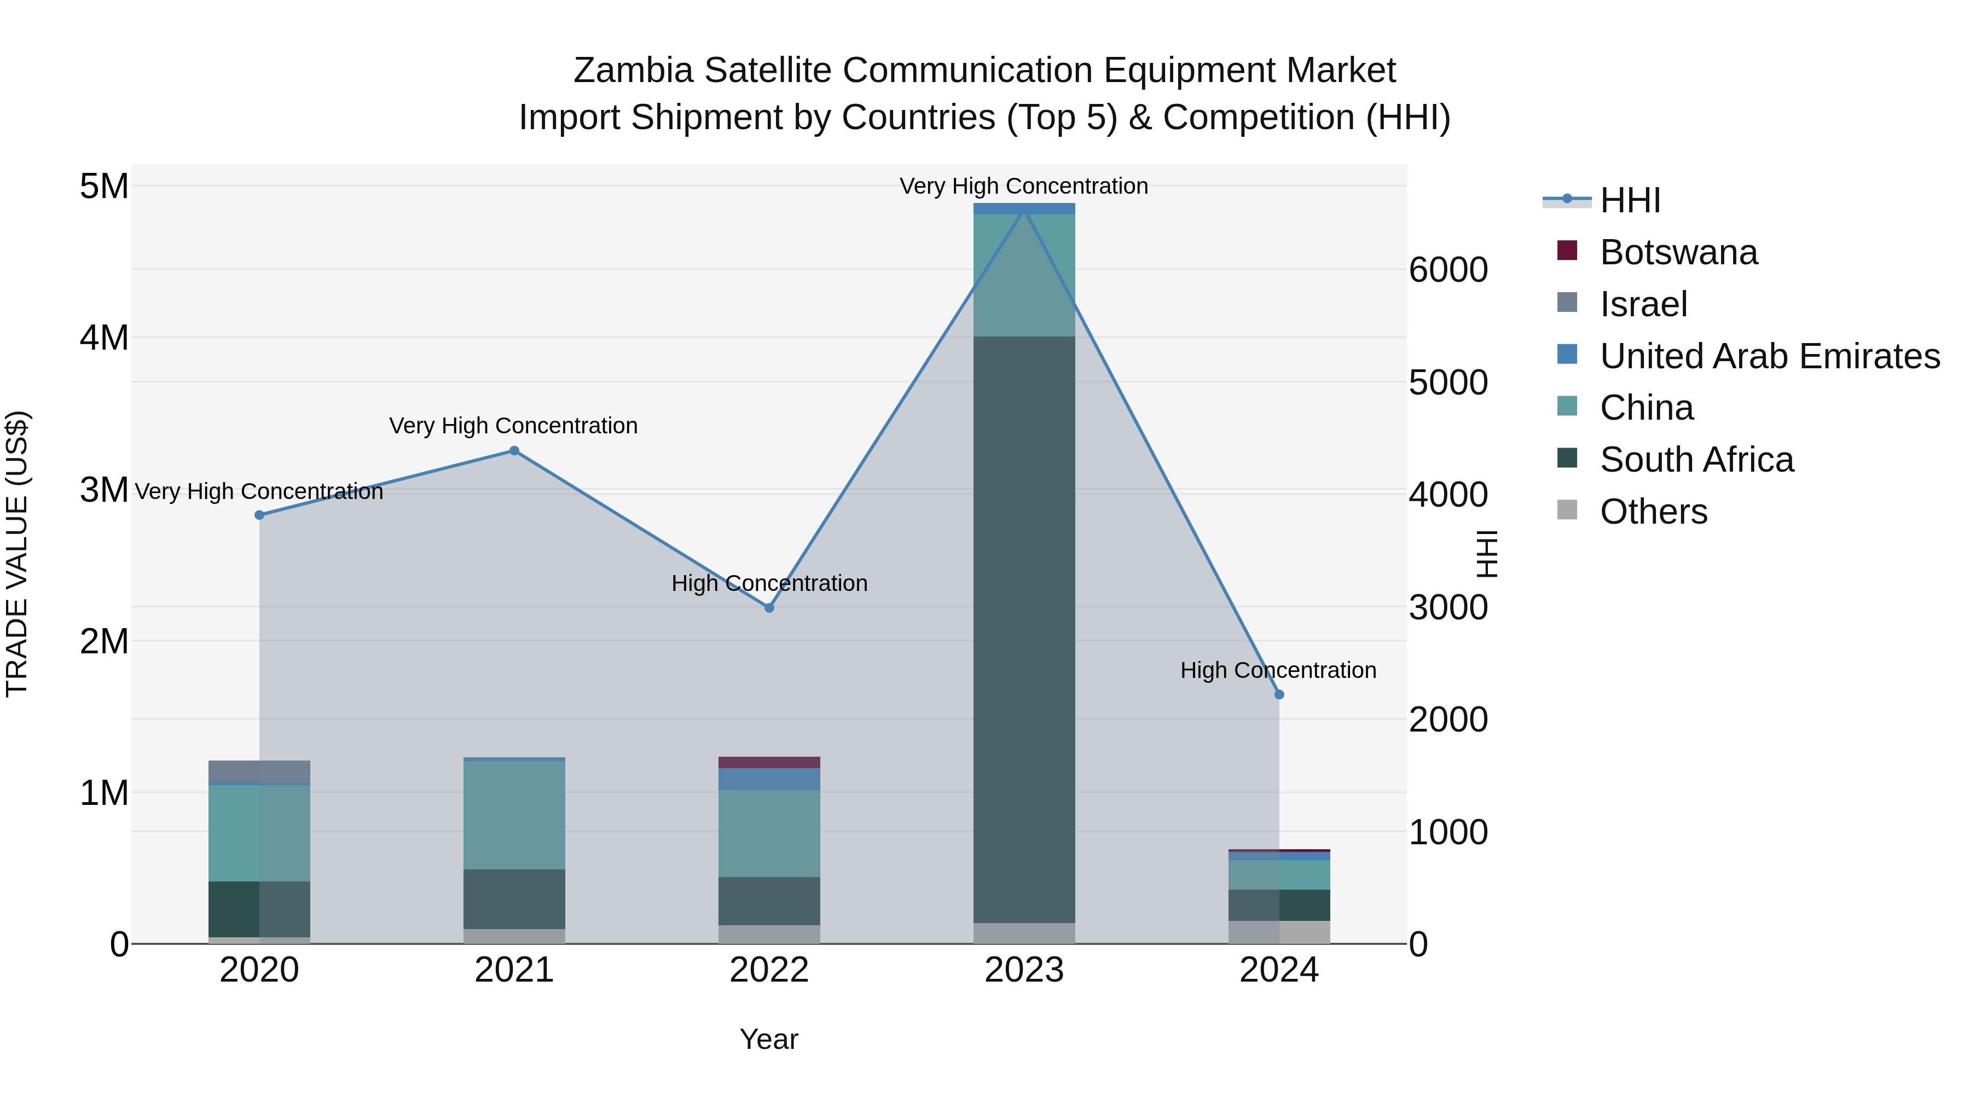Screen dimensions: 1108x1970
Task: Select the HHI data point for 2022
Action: pyautogui.click(x=769, y=608)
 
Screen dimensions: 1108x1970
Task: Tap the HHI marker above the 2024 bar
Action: pyautogui.click(x=1279, y=694)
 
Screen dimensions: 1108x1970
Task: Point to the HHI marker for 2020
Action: pyautogui.click(x=259, y=515)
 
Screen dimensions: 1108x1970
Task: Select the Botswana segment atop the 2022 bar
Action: pyautogui.click(x=769, y=762)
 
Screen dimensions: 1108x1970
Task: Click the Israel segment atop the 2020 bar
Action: pyautogui.click(x=259, y=771)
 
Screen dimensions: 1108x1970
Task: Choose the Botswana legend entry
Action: pyautogui.click(x=1679, y=252)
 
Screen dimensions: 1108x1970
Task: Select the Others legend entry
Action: pyautogui.click(x=1653, y=512)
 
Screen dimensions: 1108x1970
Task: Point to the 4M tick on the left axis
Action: pyautogui.click(x=104, y=337)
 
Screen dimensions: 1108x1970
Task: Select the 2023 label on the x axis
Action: pyautogui.click(x=1024, y=970)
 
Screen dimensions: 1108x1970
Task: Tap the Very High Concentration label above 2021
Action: pyautogui.click(x=513, y=426)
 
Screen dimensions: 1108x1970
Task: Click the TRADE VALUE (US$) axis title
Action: pyautogui.click(x=17, y=554)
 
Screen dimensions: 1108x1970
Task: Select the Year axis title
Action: pyautogui.click(x=769, y=1039)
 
